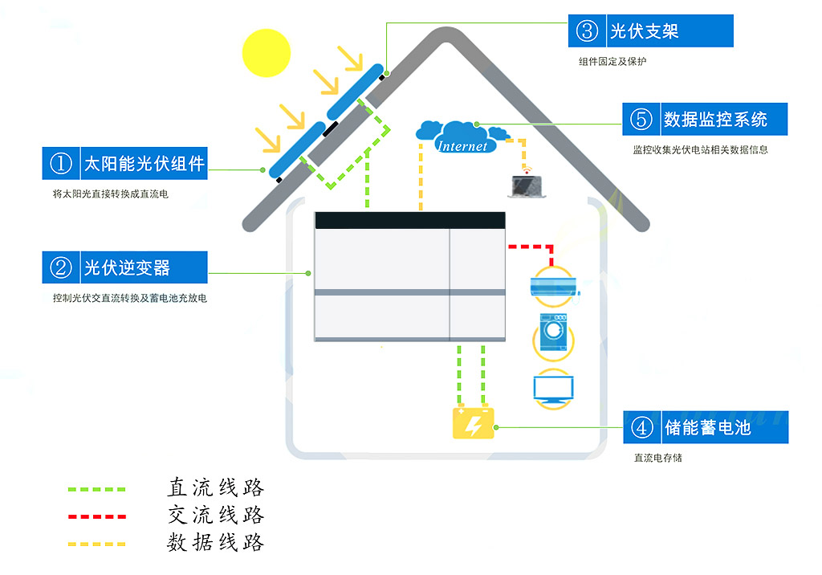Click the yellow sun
267,53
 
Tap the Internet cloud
462,137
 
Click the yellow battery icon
474,422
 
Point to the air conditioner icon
554,286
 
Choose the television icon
553,389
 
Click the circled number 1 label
61,163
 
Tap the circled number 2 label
61,267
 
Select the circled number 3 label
587,31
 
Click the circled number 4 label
641,427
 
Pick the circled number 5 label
641,119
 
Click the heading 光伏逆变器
128,267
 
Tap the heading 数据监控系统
715,119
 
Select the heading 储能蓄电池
708,427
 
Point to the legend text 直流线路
216,487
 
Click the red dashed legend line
97,516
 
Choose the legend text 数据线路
216,542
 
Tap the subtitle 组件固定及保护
612,61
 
